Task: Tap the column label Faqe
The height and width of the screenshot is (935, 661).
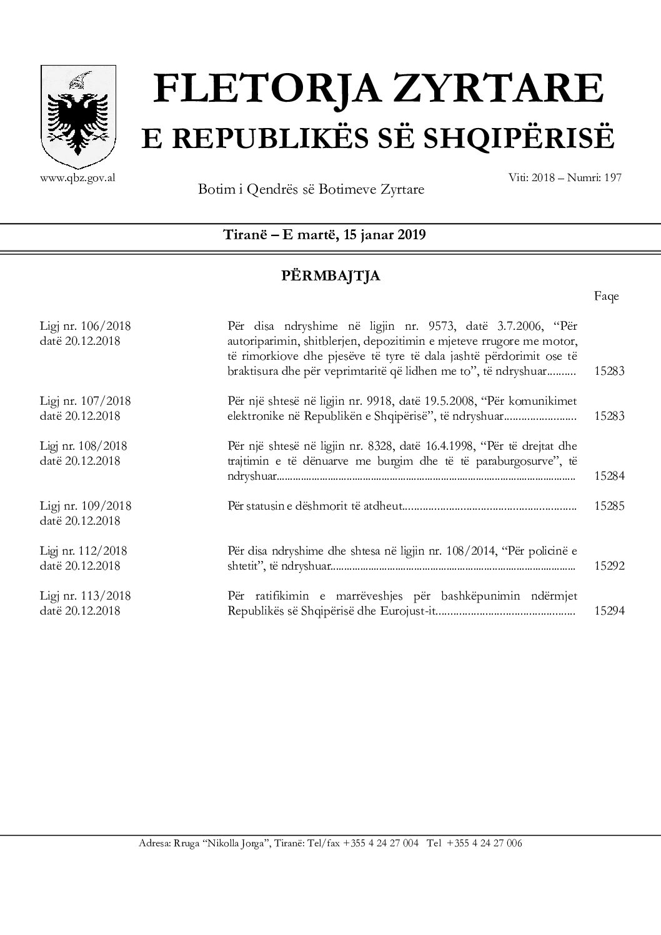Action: tap(606, 297)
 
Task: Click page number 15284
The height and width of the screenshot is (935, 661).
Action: tap(609, 476)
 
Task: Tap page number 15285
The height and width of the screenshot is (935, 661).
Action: tap(609, 506)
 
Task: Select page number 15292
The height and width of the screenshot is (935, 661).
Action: tap(609, 566)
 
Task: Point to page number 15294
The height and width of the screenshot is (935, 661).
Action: tap(609, 611)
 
